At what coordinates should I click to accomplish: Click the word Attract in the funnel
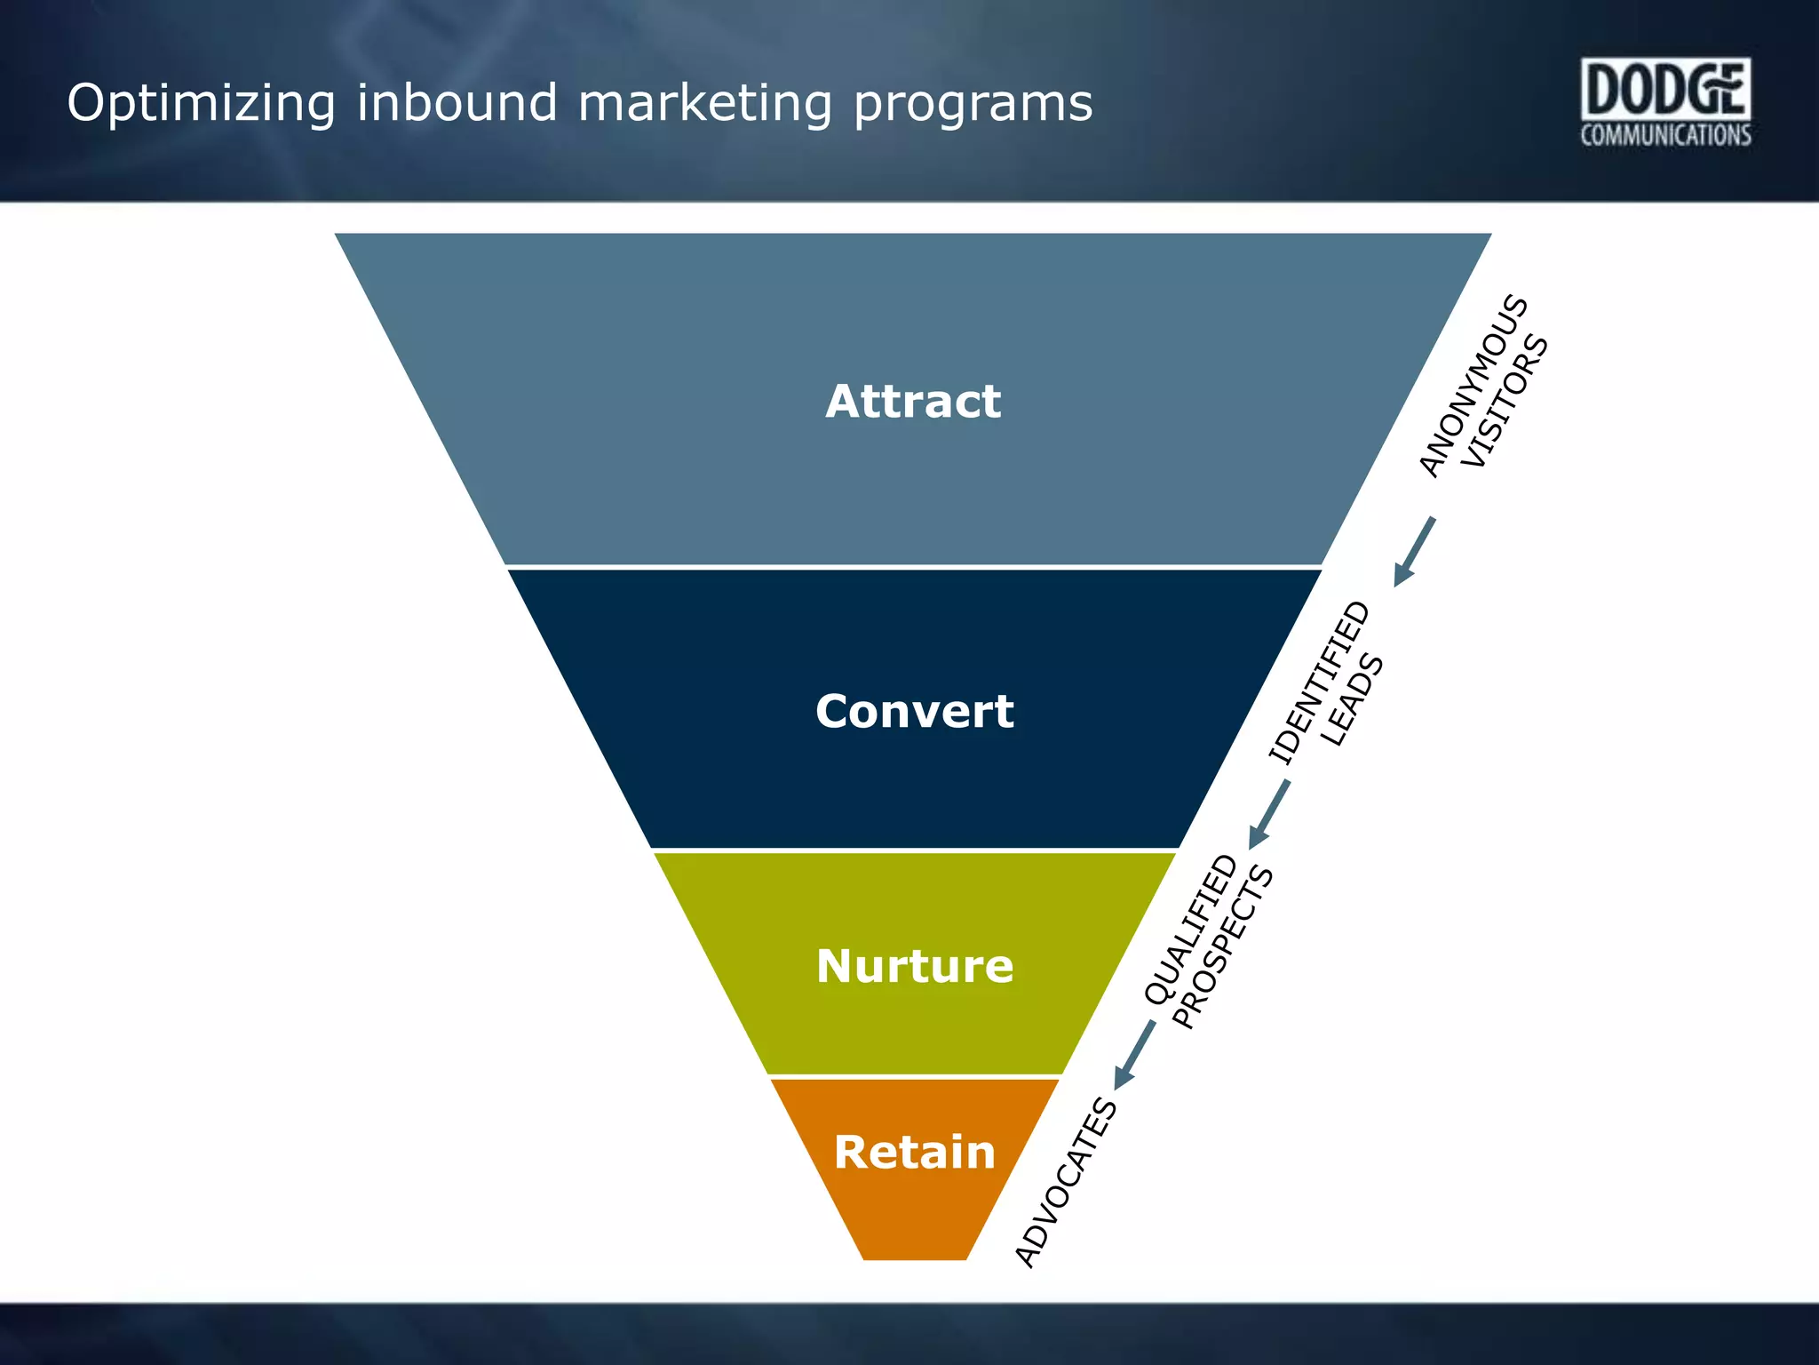coord(913,402)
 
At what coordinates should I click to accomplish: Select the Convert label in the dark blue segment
coord(914,712)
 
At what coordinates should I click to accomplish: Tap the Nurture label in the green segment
coord(914,966)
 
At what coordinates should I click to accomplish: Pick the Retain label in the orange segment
coord(914,1153)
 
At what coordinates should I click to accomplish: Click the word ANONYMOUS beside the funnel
coord(1472,386)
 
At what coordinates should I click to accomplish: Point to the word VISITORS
coord(1505,402)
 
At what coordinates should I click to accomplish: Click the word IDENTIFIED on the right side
coord(1319,682)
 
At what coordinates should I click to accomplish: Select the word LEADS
coord(1352,701)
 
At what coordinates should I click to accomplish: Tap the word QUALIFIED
coord(1190,930)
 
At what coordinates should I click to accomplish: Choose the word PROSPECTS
coord(1223,948)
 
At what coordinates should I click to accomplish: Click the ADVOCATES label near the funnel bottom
coord(1066,1182)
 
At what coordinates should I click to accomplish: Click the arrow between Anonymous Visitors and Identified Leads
coord(1414,552)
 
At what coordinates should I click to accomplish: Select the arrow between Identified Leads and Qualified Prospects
coord(1269,814)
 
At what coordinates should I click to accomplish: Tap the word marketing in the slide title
coord(705,103)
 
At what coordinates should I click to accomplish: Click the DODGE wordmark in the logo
coord(1664,89)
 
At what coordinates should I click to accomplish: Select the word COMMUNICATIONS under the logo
coord(1665,135)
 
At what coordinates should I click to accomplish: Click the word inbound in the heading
coord(457,103)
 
